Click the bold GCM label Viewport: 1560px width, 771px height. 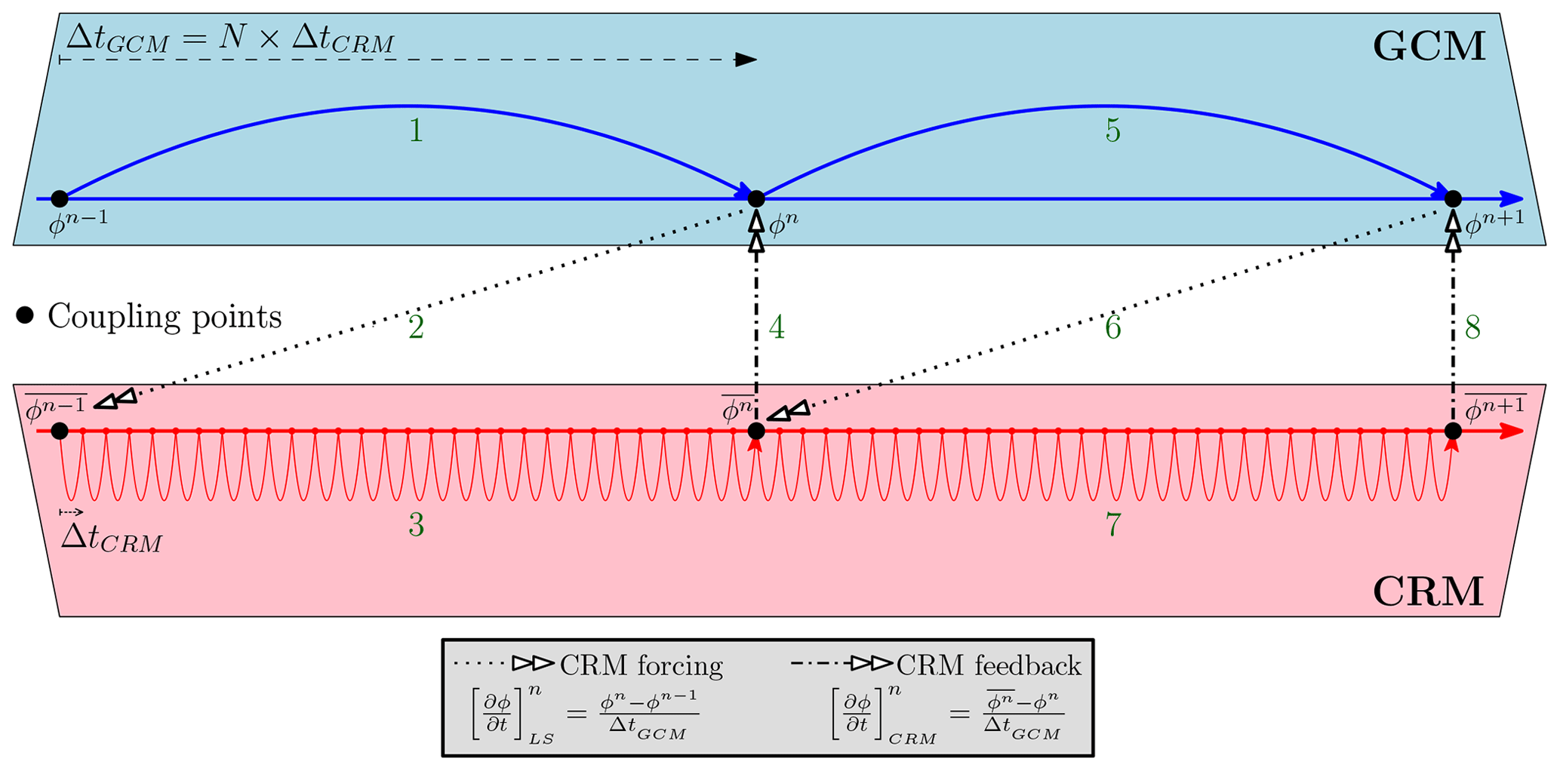pos(1429,47)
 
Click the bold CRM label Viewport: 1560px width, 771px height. pos(1428,591)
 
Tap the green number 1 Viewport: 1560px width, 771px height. pos(415,131)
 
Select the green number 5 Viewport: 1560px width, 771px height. pos(1112,131)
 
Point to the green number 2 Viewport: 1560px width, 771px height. pos(416,328)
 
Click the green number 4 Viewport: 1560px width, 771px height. pos(777,328)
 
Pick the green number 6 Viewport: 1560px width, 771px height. pos(1112,328)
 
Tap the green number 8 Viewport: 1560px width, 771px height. pos(1472,328)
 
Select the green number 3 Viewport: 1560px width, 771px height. pos(416,525)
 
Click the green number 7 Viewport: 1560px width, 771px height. pos(1112,525)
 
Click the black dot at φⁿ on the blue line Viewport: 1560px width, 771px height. pos(756,199)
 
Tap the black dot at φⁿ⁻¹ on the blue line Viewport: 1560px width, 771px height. pos(60,199)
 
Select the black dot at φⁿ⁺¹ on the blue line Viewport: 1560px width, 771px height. pos(1453,199)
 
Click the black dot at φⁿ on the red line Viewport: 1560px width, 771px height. pos(756,431)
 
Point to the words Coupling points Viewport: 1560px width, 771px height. pos(165,317)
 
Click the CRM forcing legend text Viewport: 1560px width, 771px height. pos(641,665)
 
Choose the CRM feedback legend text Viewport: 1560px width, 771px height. pos(989,665)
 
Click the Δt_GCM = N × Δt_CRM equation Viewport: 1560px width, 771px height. pos(230,38)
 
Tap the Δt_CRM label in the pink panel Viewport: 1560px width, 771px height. pos(112,539)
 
